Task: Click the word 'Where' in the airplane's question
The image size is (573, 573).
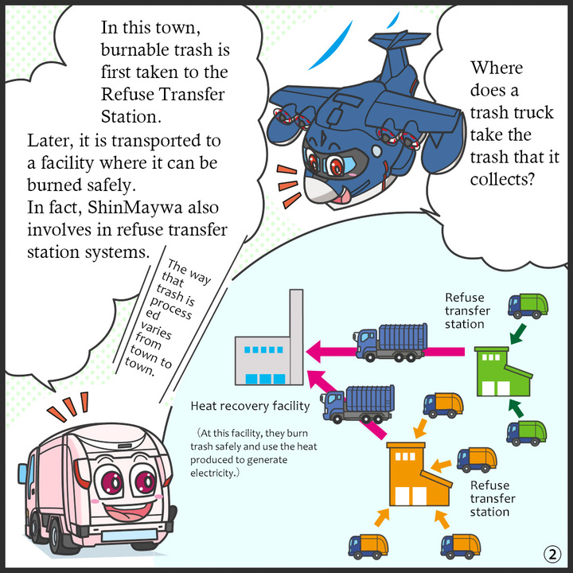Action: pos(497,68)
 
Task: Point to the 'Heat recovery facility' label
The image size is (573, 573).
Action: pos(250,407)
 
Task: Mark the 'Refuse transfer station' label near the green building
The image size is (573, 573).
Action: pos(467,310)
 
